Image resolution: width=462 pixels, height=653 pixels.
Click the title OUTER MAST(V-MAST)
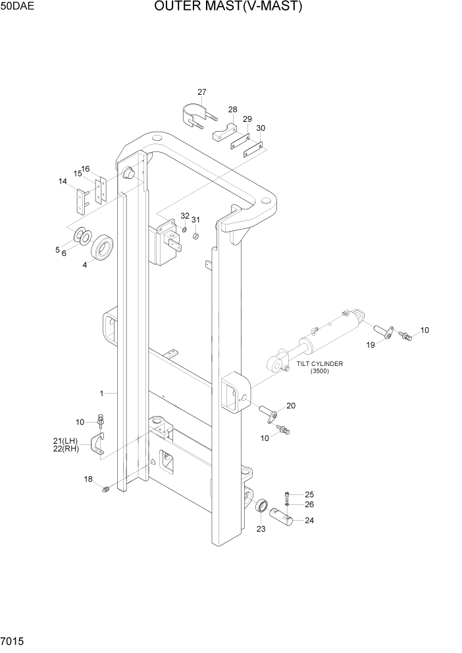[228, 7]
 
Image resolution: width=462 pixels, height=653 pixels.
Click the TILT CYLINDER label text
[319, 363]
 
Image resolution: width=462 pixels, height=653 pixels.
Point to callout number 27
[202, 92]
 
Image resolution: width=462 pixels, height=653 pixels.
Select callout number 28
[233, 109]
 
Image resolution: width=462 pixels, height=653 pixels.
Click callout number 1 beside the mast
[102, 394]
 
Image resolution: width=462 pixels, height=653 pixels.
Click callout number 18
[88, 479]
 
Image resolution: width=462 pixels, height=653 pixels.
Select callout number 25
[309, 494]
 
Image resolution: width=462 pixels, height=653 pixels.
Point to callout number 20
[290, 405]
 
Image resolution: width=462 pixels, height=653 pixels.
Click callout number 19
[371, 344]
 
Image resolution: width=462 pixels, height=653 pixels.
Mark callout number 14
[63, 182]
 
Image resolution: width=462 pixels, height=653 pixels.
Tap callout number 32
[185, 216]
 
